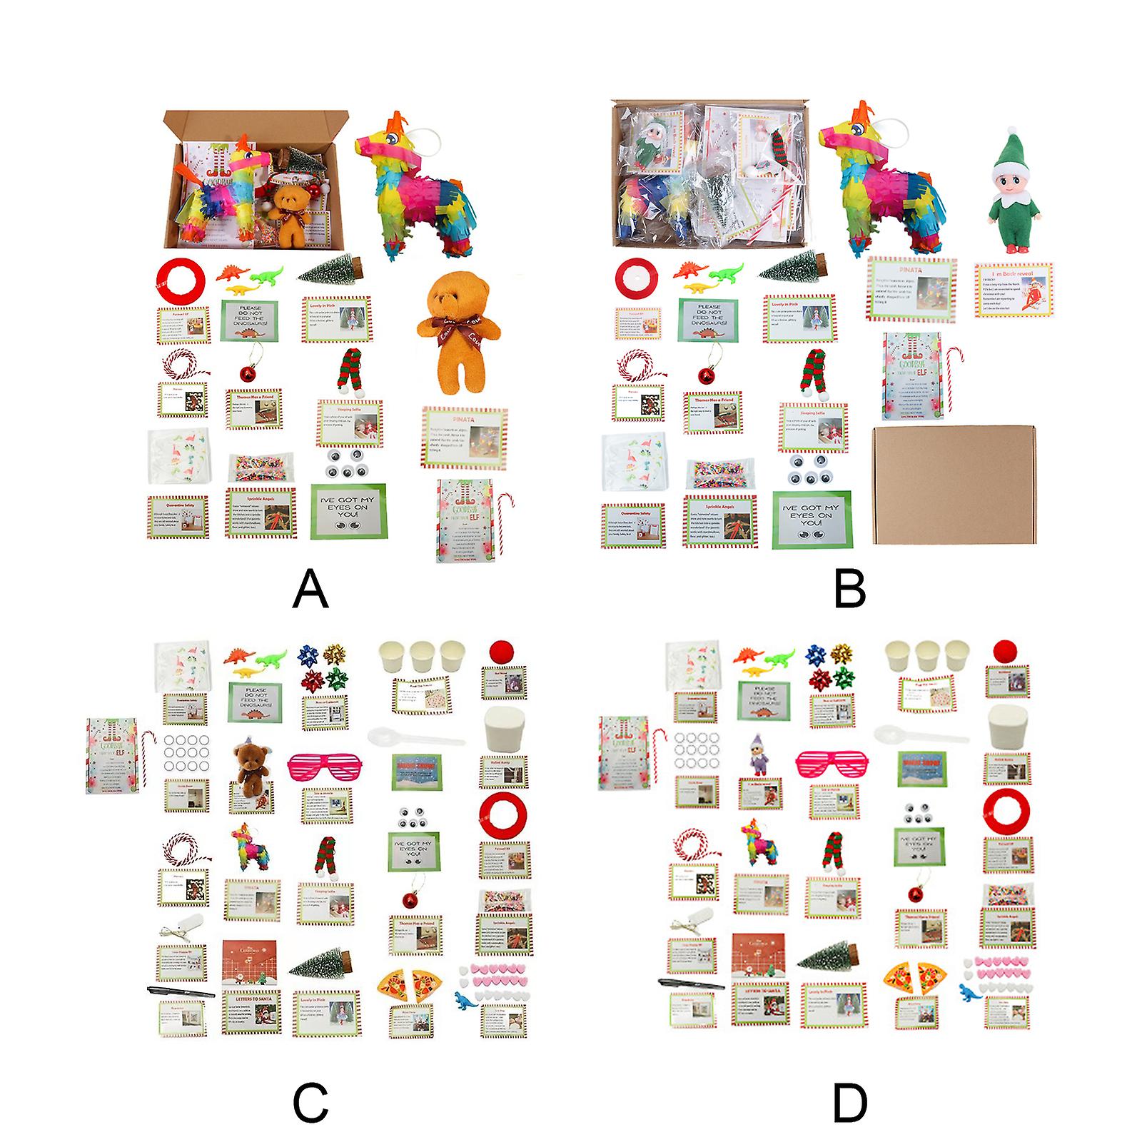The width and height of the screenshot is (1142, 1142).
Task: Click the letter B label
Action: (x=849, y=589)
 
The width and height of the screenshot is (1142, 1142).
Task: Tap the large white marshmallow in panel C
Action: (x=502, y=728)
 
